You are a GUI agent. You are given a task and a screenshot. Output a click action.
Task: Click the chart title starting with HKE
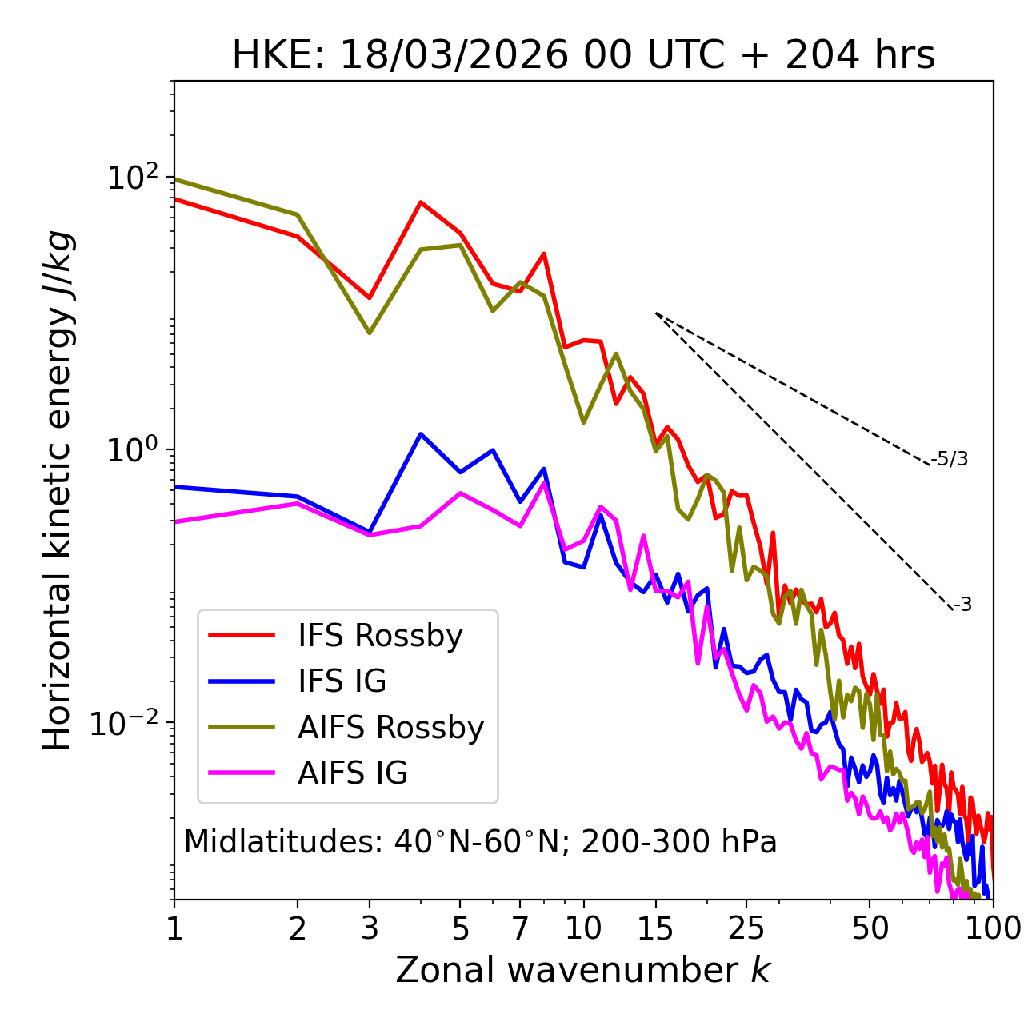(583, 56)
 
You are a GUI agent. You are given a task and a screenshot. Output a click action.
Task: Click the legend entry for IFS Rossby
(380, 636)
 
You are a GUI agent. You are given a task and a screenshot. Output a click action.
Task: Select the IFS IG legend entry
(342, 681)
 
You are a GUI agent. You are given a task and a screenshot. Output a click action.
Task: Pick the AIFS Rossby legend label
(390, 728)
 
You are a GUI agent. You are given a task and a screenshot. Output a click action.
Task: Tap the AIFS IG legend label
(353, 773)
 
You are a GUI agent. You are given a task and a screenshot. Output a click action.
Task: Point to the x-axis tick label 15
(656, 928)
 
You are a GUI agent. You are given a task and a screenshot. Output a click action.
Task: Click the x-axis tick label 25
(746, 928)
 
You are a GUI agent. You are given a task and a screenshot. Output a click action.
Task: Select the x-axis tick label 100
(993, 928)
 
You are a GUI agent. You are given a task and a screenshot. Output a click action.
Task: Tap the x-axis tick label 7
(520, 928)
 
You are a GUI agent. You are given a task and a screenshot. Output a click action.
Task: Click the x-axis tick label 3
(370, 928)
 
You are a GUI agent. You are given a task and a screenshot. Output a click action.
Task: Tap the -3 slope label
(962, 605)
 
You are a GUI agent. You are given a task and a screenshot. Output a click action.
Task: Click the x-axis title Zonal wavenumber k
(583, 971)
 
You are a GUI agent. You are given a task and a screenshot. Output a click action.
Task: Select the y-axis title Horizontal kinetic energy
(58, 490)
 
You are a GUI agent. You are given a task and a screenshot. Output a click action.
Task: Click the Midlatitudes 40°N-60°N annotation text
(480, 842)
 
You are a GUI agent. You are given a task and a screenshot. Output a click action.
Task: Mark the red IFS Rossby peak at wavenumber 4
(421, 202)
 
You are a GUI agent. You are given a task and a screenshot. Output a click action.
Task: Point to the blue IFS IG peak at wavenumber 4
(421, 434)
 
